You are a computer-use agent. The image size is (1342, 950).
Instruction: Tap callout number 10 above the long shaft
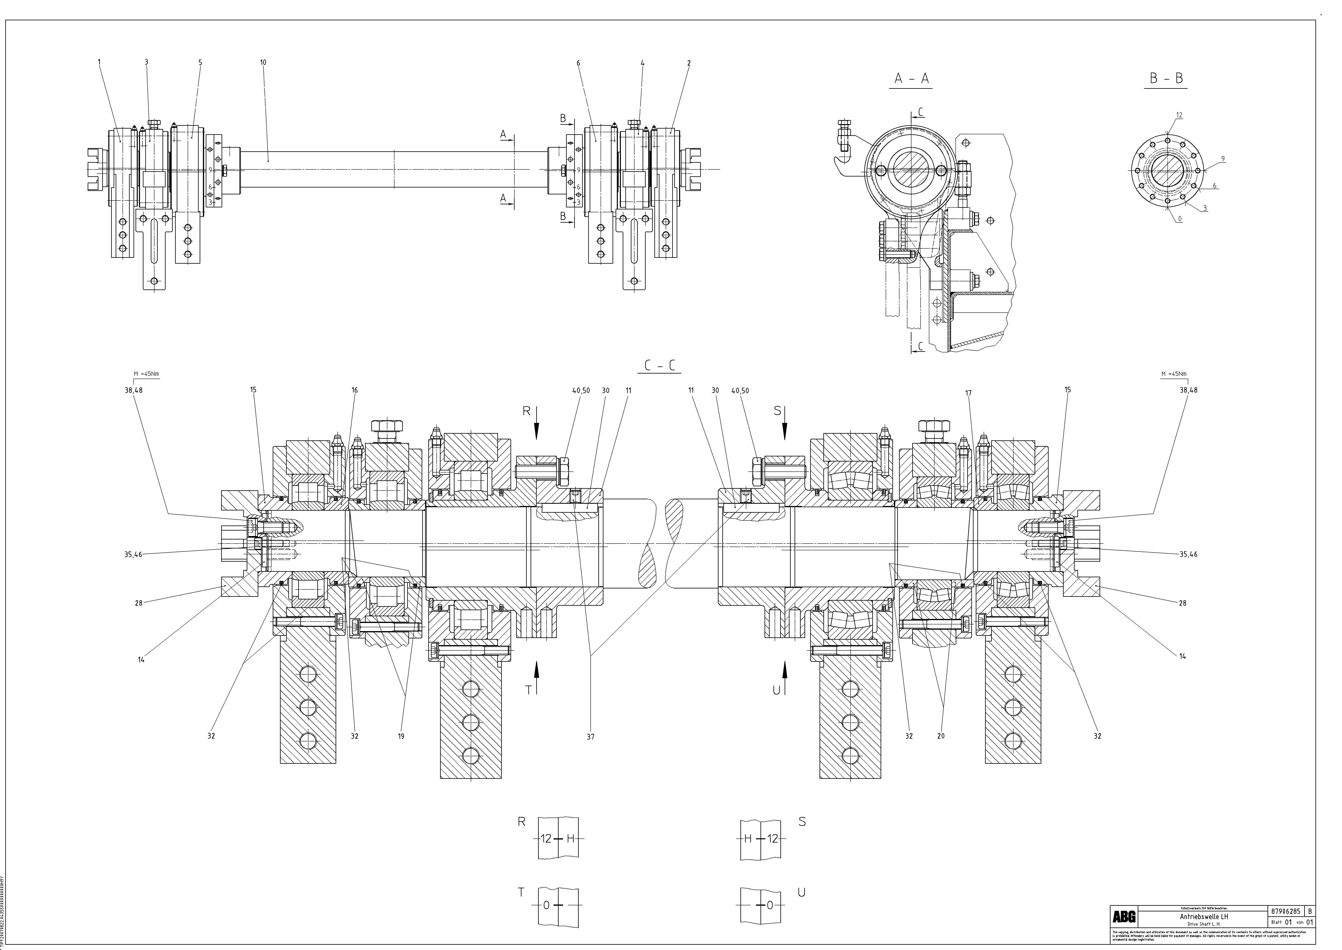263,62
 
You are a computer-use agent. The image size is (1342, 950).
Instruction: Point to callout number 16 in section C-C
355,390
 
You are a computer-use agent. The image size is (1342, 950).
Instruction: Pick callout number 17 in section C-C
968,393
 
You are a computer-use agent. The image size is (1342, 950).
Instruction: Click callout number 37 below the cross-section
590,737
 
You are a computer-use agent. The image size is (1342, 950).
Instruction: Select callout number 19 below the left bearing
401,736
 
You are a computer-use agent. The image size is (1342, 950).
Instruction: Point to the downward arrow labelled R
536,427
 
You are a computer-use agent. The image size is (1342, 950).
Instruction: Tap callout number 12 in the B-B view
1179,115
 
